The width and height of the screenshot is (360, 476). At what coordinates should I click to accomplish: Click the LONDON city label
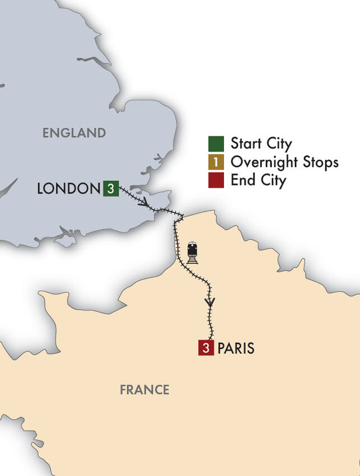[68, 189]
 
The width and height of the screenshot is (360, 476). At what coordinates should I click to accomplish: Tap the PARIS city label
[236, 348]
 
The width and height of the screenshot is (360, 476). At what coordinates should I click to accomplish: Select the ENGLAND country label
[74, 133]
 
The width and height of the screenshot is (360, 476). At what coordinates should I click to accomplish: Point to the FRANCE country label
[144, 390]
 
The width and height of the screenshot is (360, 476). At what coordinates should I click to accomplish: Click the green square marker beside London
[111, 189]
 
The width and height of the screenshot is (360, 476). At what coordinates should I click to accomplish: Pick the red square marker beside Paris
[206, 348]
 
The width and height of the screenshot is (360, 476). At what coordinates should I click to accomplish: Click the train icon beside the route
[193, 253]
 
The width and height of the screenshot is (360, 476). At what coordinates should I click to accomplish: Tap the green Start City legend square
[216, 144]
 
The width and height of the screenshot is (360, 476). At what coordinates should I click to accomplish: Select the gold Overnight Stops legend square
[216, 162]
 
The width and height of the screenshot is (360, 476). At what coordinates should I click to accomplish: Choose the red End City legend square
[216, 181]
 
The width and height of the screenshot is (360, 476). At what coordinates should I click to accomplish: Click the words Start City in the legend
[261, 144]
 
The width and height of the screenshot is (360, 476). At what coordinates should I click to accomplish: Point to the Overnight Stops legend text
[284, 162]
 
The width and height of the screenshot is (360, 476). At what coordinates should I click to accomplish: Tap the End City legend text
[258, 181]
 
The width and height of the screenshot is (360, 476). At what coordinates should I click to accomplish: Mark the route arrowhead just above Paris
[210, 302]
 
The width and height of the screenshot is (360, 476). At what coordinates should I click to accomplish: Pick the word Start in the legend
[245, 144]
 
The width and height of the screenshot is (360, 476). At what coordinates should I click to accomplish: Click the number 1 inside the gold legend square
[216, 162]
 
